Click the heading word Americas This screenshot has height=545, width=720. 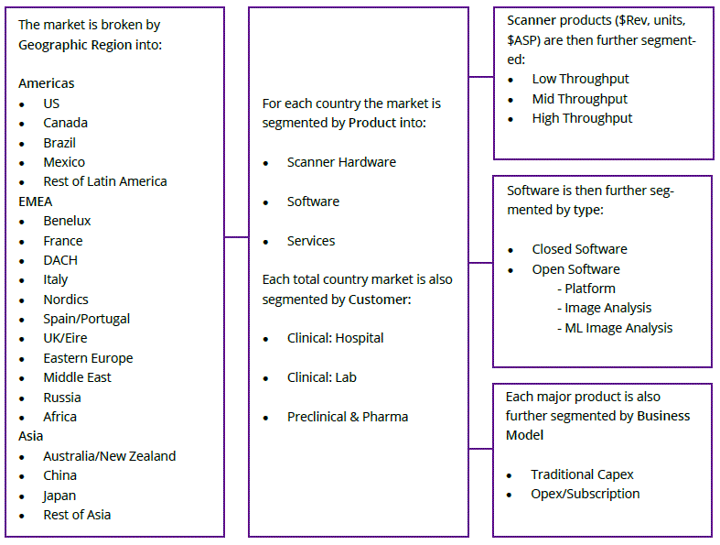[x=47, y=83]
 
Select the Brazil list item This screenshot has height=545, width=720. [x=59, y=143]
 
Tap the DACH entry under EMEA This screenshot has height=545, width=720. [x=60, y=260]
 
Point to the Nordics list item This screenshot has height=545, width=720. [x=66, y=300]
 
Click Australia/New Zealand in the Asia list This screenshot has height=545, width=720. [x=109, y=456]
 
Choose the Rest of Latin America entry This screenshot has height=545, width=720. [x=105, y=181]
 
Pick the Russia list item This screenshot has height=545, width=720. [x=62, y=398]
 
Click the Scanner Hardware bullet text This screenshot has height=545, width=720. [x=341, y=162]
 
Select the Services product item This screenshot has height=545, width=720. [x=311, y=241]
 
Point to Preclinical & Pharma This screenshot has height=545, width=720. [x=348, y=417]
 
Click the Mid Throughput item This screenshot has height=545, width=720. [x=580, y=99]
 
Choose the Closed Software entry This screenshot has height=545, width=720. [x=580, y=249]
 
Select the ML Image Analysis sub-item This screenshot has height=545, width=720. [x=618, y=328]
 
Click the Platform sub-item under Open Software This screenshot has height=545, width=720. [x=590, y=289]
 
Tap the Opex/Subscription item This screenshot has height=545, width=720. [x=586, y=494]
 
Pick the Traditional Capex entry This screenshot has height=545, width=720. [x=582, y=474]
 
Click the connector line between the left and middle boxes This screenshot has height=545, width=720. [x=236, y=237]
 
